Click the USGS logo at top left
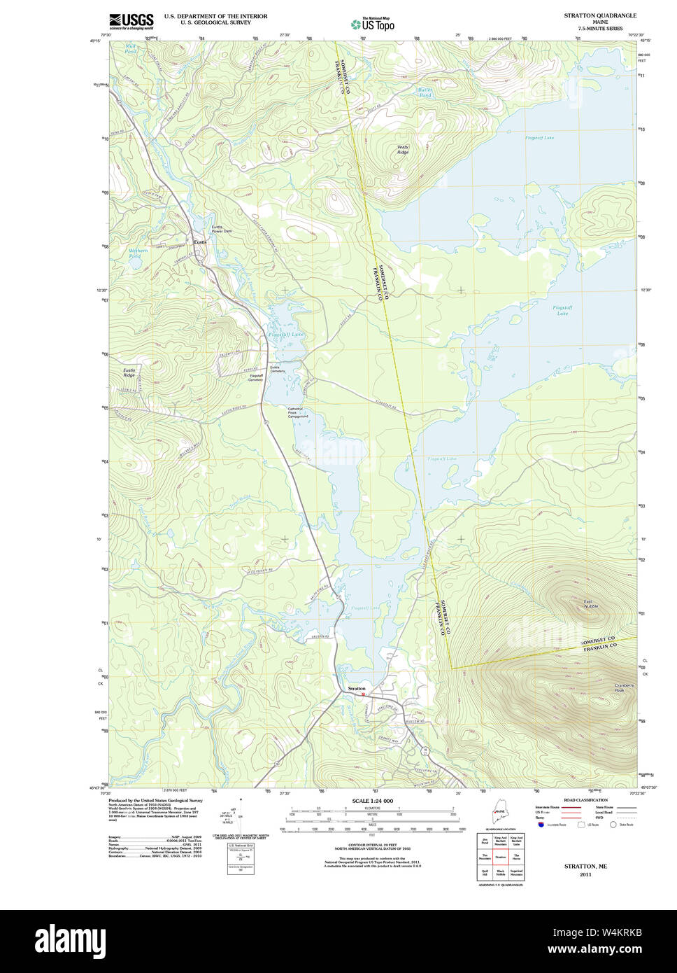click(131, 20)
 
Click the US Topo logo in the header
click(373, 24)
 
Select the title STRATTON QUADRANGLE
click(600, 15)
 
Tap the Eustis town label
click(200, 242)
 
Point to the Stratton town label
click(357, 689)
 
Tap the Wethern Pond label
click(138, 253)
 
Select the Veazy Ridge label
click(403, 149)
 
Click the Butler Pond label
click(425, 92)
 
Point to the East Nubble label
click(591, 603)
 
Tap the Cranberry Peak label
click(624, 687)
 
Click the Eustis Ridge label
click(129, 372)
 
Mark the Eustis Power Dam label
click(222, 228)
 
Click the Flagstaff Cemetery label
click(257, 377)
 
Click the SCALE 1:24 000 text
click(372, 801)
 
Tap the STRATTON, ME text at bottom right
click(585, 866)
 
